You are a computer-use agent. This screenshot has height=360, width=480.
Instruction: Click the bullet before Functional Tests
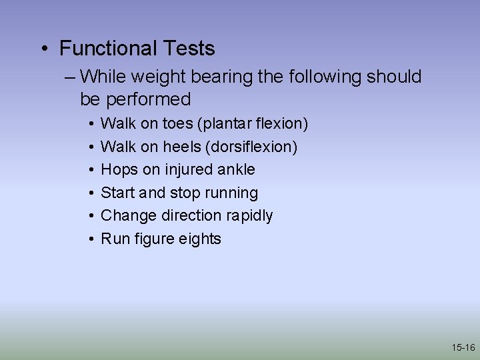(x=43, y=49)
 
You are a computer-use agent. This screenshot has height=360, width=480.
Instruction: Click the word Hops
(x=119, y=169)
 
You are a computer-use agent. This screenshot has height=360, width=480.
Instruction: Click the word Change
(x=127, y=215)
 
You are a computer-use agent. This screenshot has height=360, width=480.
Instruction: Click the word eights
(x=199, y=239)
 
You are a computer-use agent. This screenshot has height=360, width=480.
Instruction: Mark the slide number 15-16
(x=463, y=347)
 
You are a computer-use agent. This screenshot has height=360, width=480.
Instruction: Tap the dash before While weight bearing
(x=71, y=77)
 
